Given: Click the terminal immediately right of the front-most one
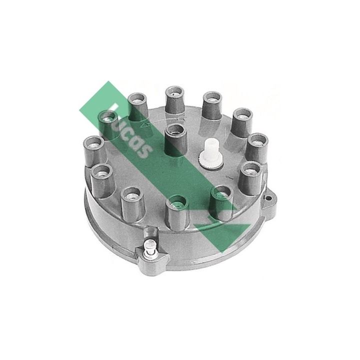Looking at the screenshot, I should point(220,200).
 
